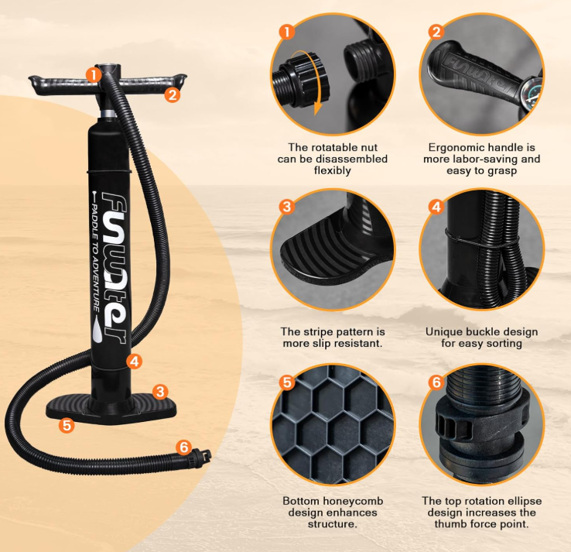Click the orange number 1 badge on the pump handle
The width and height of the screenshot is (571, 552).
click(x=94, y=75)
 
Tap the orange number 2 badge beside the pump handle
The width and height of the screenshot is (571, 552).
click(x=173, y=94)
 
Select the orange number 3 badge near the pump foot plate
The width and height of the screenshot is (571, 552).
click(x=160, y=392)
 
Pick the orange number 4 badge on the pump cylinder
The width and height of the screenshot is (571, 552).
click(x=135, y=362)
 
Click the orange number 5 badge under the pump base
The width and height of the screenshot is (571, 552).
click(x=67, y=425)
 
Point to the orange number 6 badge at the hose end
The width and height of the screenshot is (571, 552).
click(x=184, y=447)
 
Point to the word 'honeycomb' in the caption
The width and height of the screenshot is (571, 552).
click(x=353, y=501)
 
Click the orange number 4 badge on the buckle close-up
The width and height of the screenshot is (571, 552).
click(x=436, y=207)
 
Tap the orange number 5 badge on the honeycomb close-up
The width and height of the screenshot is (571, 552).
click(x=287, y=382)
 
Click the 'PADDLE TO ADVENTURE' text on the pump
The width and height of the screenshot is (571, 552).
click(x=95, y=258)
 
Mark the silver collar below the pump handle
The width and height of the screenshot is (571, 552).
click(x=108, y=113)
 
